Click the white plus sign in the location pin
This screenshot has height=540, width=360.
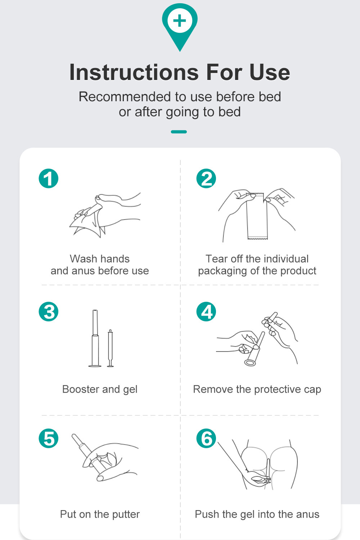180,21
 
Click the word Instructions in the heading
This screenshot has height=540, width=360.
134,72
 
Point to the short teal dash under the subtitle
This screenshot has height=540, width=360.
179,131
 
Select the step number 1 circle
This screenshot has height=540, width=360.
49,178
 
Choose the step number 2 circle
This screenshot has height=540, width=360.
206,178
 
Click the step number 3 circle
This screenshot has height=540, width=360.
49,312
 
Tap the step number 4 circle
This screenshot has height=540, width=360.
206,312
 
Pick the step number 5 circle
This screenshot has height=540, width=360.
49,438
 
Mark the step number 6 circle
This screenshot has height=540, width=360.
206,438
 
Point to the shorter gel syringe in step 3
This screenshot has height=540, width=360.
111,348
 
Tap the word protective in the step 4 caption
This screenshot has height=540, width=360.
278,389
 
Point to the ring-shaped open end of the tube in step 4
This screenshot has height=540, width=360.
250,362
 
